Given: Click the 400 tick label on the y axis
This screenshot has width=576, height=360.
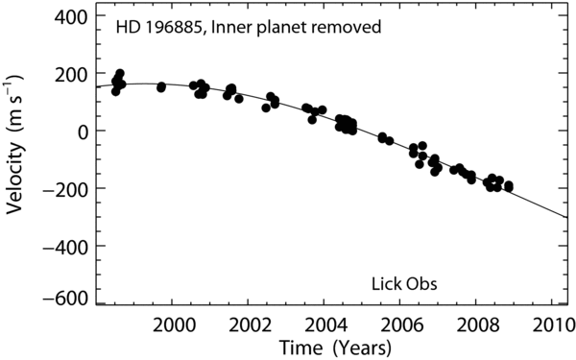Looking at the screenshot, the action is [x=71, y=17].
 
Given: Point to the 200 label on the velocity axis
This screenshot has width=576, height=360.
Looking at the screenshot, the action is [x=71, y=74].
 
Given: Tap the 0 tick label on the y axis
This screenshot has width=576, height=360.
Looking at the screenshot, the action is [x=83, y=132].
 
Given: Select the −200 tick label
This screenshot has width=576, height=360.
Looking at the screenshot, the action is [x=65, y=188].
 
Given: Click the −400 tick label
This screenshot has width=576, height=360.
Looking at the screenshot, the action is [x=65, y=246].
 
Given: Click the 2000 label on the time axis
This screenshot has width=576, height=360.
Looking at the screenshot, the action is [x=172, y=325].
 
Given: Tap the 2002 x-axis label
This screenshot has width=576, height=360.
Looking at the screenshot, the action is [x=248, y=325].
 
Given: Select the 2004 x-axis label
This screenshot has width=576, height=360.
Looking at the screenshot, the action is [x=324, y=325].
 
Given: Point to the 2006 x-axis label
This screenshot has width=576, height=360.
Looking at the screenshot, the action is [x=399, y=325].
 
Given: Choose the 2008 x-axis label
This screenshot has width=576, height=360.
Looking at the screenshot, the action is [x=476, y=325].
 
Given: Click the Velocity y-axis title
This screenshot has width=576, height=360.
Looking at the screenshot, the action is [x=14, y=145].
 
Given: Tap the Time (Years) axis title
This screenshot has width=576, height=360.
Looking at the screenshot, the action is [x=335, y=348].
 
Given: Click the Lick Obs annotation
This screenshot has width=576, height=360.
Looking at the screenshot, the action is [x=404, y=284].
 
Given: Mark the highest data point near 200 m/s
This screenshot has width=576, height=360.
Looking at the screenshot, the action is [x=120, y=73].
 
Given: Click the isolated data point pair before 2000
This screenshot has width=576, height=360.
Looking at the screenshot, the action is [x=161, y=87].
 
